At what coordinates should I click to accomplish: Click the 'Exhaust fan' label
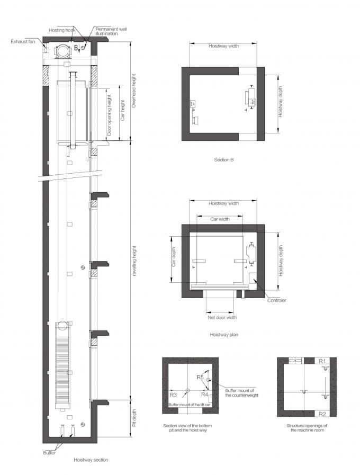point(22,40)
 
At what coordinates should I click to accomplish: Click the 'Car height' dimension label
point(122,111)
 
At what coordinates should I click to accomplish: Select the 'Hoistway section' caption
point(91,460)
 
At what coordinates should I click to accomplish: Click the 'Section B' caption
point(223,159)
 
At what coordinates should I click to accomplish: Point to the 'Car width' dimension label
point(220,219)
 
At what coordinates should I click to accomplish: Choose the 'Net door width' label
point(221,318)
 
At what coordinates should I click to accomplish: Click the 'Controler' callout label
point(276,301)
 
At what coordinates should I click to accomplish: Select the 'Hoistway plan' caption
point(223,335)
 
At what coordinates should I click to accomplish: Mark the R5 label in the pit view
point(199,378)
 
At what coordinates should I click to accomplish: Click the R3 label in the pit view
point(173,395)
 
